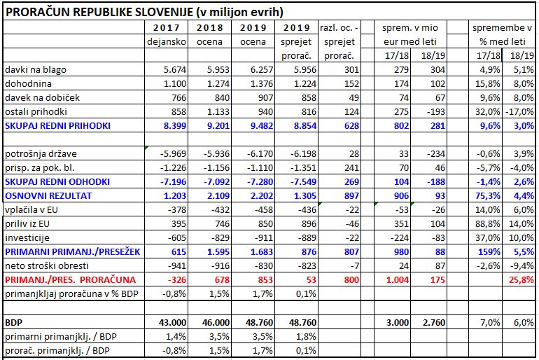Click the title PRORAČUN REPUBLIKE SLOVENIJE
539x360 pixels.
[99, 12]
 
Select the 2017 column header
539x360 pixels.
[167, 27]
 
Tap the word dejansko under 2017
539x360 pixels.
[167, 42]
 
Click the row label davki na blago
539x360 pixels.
[36, 70]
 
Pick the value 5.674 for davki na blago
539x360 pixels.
[174, 70]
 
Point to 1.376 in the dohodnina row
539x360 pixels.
[262, 84]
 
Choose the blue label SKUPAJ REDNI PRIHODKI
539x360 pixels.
[57, 126]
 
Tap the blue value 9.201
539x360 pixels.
[218, 126]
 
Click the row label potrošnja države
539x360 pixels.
[41, 154]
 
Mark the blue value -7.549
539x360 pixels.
[303, 182]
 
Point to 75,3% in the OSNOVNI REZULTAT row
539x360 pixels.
[488, 196]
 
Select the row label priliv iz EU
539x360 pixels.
[27, 224]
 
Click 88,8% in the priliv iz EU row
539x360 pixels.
[488, 224]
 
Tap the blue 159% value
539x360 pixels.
[489, 252]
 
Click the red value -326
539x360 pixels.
[176, 280]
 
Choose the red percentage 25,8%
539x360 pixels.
[521, 280]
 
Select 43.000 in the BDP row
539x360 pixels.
[173, 322]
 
